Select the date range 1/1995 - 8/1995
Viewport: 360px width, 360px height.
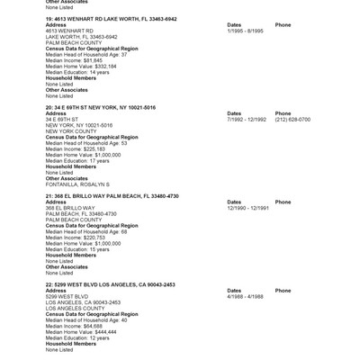click(x=247, y=31)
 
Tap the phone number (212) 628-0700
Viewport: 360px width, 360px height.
click(x=292, y=119)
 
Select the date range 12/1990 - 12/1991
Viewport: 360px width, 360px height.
click(x=248, y=208)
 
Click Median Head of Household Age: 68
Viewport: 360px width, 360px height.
click(x=86, y=231)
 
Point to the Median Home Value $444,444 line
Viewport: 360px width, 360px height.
click(x=81, y=331)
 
